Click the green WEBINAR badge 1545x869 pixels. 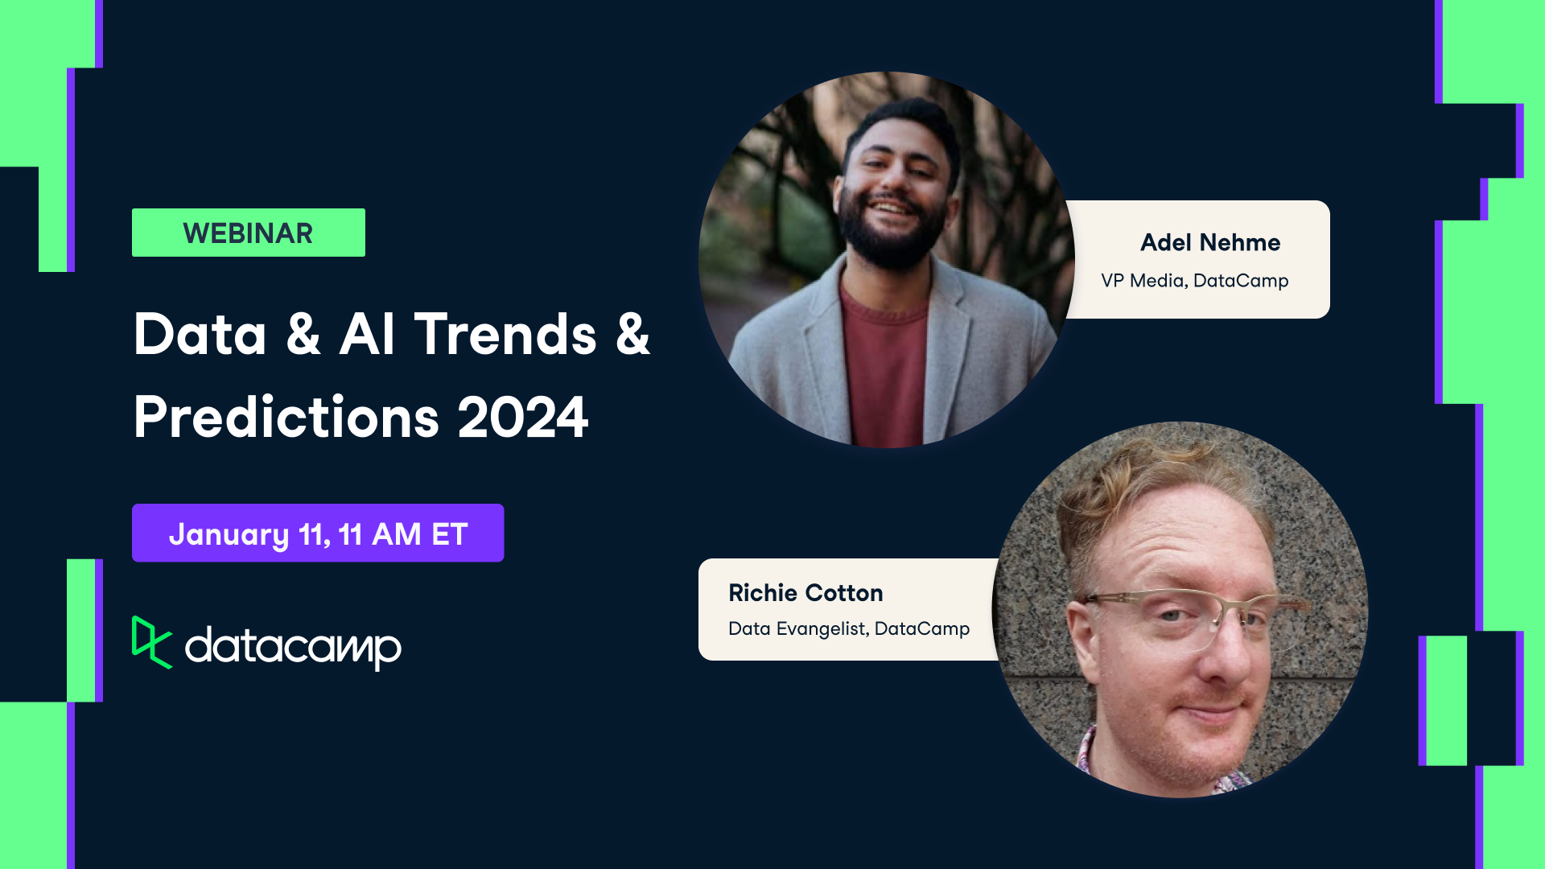[248, 233]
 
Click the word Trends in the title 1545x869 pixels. [505, 334]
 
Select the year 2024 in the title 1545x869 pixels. [522, 417]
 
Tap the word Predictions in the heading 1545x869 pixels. [286, 417]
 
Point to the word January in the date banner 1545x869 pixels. [229, 534]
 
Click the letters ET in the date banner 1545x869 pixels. [449, 534]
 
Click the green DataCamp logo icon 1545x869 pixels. [150, 642]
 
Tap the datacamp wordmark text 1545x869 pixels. [293, 645]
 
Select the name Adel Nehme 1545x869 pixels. [1209, 242]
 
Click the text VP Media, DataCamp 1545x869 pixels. [1194, 280]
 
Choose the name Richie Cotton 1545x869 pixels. [805, 593]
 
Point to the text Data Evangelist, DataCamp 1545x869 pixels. [848, 628]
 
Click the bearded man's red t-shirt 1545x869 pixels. [883, 362]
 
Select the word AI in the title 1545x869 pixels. [367, 334]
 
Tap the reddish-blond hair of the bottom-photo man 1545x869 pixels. [1143, 491]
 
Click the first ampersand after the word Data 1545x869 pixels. [303, 334]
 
